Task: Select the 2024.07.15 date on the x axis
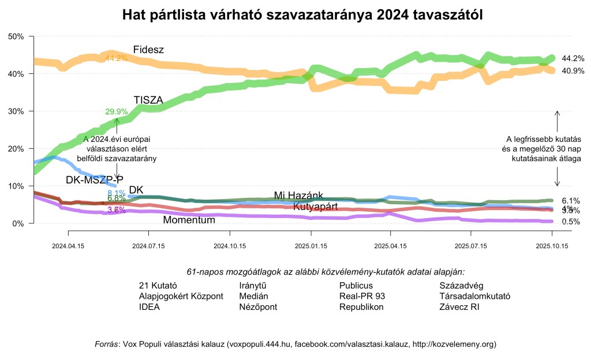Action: [148, 245]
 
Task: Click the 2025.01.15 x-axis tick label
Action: [311, 245]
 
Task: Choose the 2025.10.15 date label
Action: [552, 245]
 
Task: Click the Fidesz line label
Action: [148, 50]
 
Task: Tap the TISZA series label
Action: [148, 100]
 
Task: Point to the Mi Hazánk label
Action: [298, 196]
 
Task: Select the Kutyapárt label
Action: [315, 207]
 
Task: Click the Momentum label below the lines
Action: [189, 220]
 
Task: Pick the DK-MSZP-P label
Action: [95, 179]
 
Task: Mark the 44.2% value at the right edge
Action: [573, 58]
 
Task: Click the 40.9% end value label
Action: [573, 71]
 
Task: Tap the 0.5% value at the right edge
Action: [570, 222]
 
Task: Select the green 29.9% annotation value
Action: [116, 112]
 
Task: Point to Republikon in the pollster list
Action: [361, 307]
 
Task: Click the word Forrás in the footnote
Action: [106, 344]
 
